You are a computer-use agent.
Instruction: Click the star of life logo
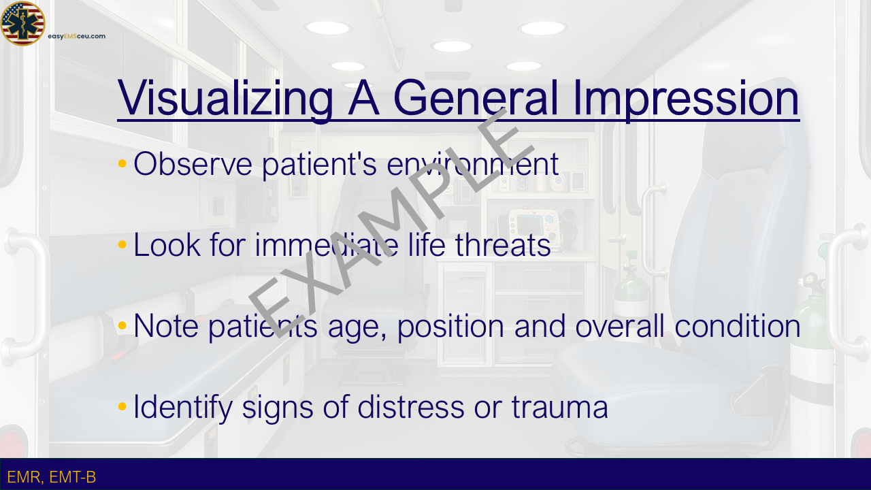tap(22, 23)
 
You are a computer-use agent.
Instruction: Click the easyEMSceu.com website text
tap(77, 36)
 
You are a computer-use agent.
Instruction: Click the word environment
tap(472, 164)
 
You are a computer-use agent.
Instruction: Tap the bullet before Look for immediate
tap(122, 244)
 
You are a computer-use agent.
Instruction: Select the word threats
tap(503, 244)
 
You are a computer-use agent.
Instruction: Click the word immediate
tap(327, 244)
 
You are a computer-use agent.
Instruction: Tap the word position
tap(450, 327)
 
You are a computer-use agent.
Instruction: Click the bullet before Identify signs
tap(122, 406)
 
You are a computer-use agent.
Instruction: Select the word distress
tap(410, 406)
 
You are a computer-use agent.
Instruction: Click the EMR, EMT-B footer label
tap(51, 477)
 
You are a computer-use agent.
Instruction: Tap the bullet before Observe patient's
tap(122, 163)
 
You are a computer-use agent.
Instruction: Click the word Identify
tap(183, 408)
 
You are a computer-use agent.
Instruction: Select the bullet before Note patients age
tap(122, 325)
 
